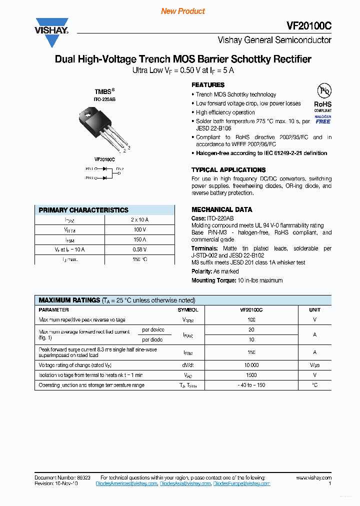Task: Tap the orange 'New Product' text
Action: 183,11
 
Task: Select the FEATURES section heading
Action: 208,85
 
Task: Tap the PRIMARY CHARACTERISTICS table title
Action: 83,210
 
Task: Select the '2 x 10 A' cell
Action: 139,219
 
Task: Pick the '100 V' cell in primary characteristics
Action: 139,229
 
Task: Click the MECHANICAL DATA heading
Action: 221,209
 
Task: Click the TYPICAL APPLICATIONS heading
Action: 228,170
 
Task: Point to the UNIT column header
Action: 314,310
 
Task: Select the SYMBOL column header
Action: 188,310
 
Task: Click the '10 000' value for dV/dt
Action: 251,365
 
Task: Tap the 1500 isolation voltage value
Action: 251,375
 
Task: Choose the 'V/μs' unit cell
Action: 314,365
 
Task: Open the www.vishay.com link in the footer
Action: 313,478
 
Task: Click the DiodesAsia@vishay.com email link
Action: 185,483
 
